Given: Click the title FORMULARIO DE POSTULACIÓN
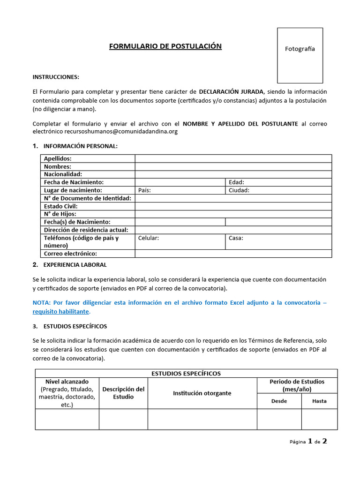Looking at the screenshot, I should [165, 46].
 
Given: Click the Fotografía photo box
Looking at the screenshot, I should [300, 55].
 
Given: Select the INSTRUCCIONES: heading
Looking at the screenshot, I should [56, 77].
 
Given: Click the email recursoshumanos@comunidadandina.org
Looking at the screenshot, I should [121, 132].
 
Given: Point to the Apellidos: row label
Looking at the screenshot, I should [58, 158].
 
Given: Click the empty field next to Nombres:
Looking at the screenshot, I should [233, 166].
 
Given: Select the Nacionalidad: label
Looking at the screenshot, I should [63, 174].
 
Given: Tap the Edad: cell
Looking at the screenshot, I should [278, 182].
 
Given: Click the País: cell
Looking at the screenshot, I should [180, 190].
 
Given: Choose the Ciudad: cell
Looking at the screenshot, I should [278, 190].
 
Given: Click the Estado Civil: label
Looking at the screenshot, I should [60, 206].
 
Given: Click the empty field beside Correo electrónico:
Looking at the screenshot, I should [233, 254].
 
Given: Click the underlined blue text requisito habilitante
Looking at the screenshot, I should [60, 312].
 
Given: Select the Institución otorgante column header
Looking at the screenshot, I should [202, 393].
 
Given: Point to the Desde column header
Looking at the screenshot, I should [279, 401].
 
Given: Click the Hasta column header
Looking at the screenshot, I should [319, 401].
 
